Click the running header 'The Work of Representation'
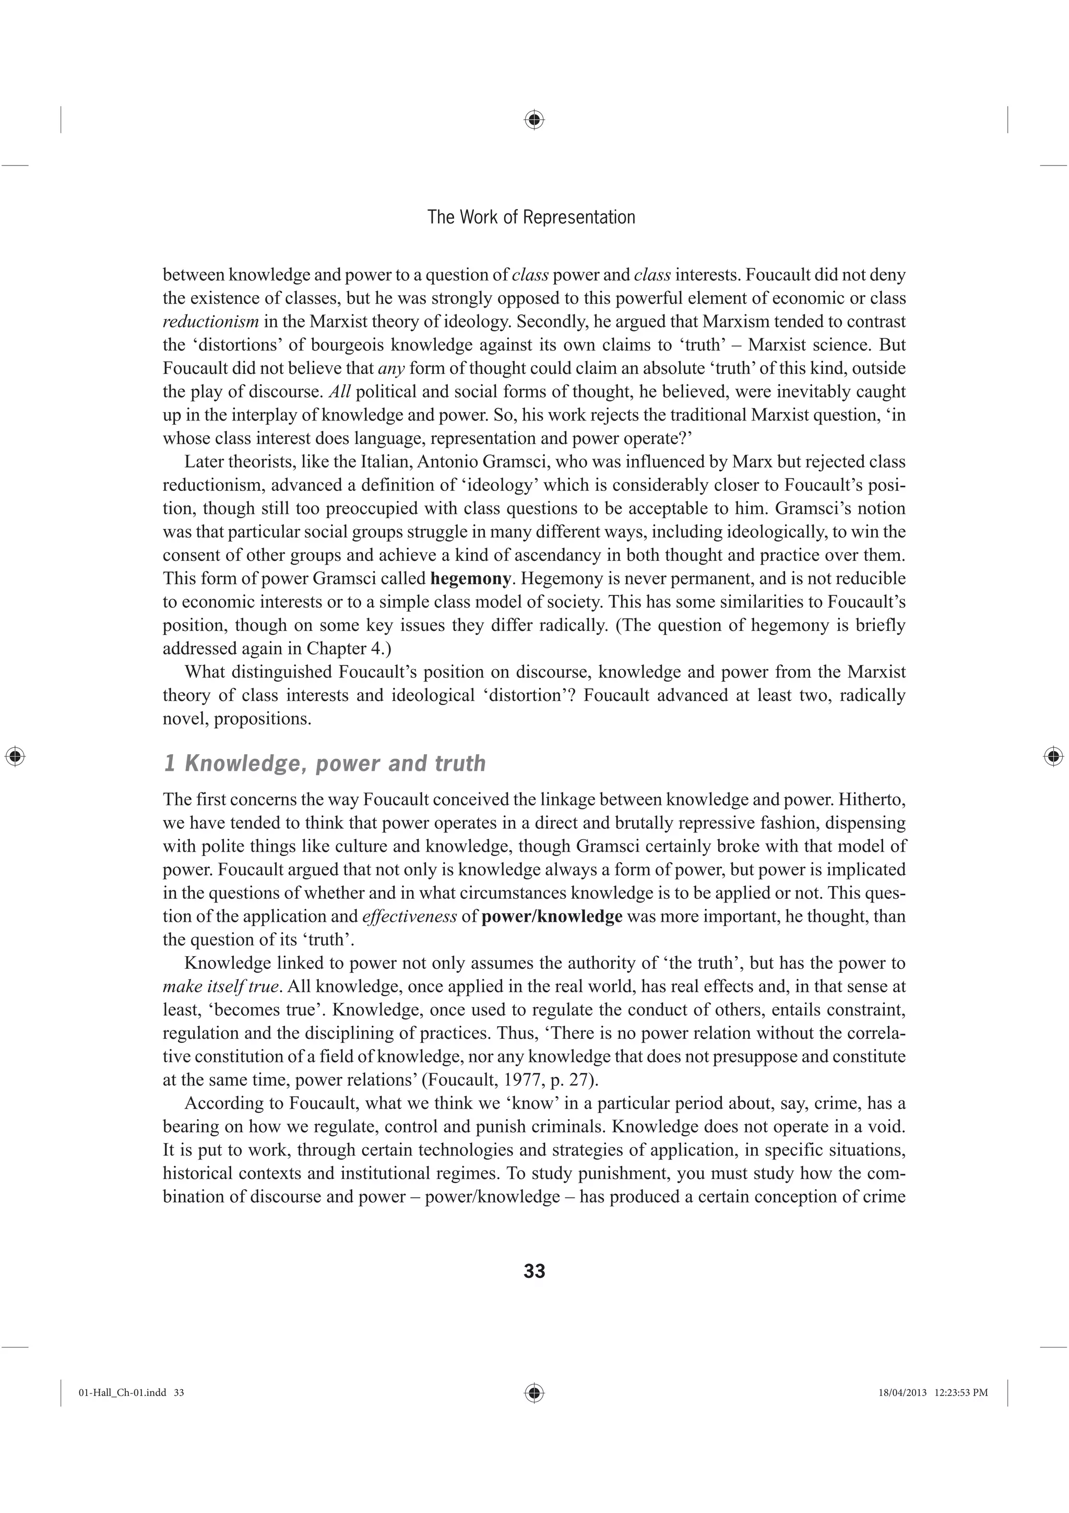tap(531, 217)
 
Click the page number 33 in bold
tap(534, 1271)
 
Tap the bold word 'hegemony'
tap(470, 579)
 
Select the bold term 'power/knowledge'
tap(552, 917)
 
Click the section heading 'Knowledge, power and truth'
tap(335, 763)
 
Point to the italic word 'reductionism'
tap(211, 322)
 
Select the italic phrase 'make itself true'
tap(221, 987)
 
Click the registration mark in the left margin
tap(15, 756)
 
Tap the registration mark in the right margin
tap(1054, 756)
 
